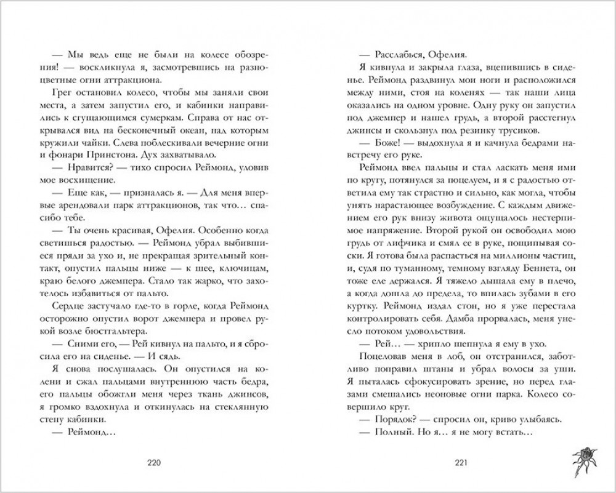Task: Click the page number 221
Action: point(456,463)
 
